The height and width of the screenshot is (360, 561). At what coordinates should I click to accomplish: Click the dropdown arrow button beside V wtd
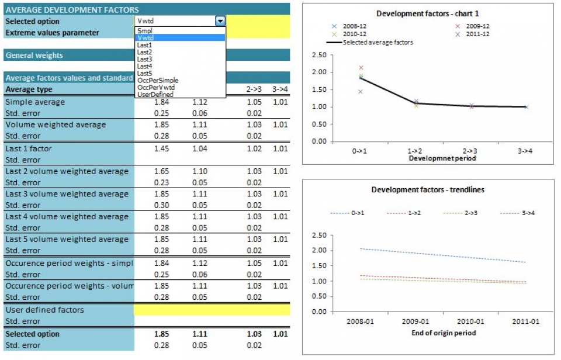pyautogui.click(x=220, y=21)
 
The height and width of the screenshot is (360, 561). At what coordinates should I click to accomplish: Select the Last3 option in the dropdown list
pyautogui.click(x=144, y=59)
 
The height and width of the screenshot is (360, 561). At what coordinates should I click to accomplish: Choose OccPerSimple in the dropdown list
pyautogui.click(x=157, y=80)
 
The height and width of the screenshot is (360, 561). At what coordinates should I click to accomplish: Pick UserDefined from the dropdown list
pyautogui.click(x=154, y=94)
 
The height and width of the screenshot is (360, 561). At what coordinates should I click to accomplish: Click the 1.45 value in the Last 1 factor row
pyautogui.click(x=161, y=148)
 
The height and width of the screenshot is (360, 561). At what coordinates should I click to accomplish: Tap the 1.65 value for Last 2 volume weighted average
pyautogui.click(x=161, y=171)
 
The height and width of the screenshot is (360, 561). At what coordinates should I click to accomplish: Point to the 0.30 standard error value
pyautogui.click(x=161, y=205)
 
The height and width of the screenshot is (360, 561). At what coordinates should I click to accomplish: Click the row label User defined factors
pyautogui.click(x=44, y=310)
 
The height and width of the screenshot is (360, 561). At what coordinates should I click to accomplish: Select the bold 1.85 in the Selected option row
pyautogui.click(x=161, y=334)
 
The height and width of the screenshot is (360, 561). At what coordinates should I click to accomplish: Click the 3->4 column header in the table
pyautogui.click(x=280, y=89)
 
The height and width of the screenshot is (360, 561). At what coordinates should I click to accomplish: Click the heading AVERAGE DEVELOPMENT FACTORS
pyautogui.click(x=72, y=10)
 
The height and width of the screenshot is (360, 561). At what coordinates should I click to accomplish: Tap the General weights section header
pyautogui.click(x=34, y=56)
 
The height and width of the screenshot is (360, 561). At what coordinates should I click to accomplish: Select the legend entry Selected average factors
pyautogui.click(x=378, y=42)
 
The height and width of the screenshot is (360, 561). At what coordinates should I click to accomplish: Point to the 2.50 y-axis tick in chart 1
pyautogui.click(x=319, y=56)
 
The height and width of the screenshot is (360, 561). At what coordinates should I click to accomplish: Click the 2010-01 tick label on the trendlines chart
pyautogui.click(x=470, y=321)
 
